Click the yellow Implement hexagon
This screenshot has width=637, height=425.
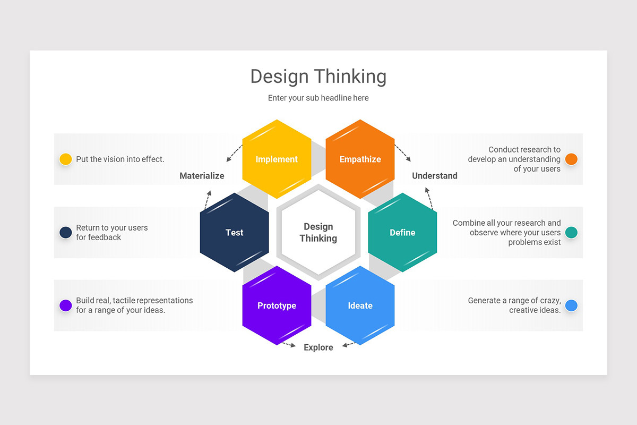(x=277, y=159)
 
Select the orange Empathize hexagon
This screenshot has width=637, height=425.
(x=360, y=159)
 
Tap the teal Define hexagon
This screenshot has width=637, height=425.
(x=402, y=232)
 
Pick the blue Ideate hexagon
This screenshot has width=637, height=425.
(x=360, y=305)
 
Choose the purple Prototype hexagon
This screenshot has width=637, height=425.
(x=277, y=305)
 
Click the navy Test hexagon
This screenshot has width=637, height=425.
(x=234, y=232)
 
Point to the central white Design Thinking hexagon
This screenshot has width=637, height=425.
(x=318, y=232)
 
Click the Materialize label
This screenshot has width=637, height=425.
(x=202, y=176)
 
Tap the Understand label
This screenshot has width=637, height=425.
(x=435, y=176)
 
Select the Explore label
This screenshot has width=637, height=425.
(x=318, y=347)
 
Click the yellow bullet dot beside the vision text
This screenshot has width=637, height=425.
(x=65, y=159)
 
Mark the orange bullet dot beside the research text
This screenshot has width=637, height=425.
(x=571, y=159)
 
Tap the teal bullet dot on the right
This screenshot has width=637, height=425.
(x=571, y=232)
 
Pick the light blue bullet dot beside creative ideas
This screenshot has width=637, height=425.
(x=571, y=305)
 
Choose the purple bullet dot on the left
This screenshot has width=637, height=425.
(x=65, y=305)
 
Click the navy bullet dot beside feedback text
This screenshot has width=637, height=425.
(x=65, y=232)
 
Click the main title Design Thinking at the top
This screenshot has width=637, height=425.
(x=318, y=76)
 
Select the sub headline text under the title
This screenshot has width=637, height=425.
(x=318, y=98)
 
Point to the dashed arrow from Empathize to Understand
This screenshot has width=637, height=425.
(x=403, y=152)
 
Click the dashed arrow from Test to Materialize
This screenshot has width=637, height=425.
(x=207, y=200)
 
